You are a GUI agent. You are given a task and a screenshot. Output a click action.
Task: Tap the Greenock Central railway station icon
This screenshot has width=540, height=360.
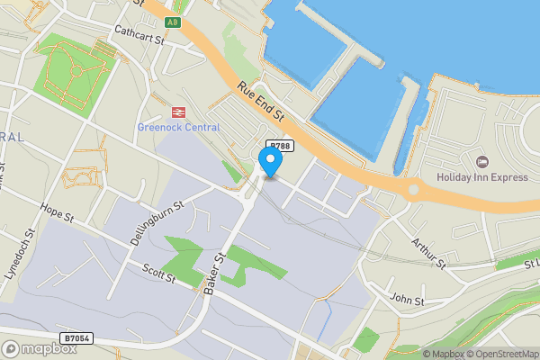click(177, 112)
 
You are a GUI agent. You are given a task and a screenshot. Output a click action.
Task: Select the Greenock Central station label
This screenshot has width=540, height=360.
click(178, 127)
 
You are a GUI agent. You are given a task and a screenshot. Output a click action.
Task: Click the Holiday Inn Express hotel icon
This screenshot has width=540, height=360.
click(481, 161)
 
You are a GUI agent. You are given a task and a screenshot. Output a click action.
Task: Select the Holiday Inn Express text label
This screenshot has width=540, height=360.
click(481, 177)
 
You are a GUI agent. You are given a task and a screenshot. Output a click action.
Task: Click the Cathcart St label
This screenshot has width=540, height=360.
click(140, 35)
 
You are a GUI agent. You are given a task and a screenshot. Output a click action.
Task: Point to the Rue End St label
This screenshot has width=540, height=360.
click(262, 103)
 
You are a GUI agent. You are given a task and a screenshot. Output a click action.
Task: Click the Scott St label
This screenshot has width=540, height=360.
click(158, 272)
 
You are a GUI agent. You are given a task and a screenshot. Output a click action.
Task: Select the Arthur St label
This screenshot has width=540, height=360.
click(428, 254)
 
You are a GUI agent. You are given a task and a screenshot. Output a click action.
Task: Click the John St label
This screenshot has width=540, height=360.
click(407, 298)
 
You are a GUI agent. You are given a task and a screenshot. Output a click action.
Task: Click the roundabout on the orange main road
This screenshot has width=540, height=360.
click(413, 190)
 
